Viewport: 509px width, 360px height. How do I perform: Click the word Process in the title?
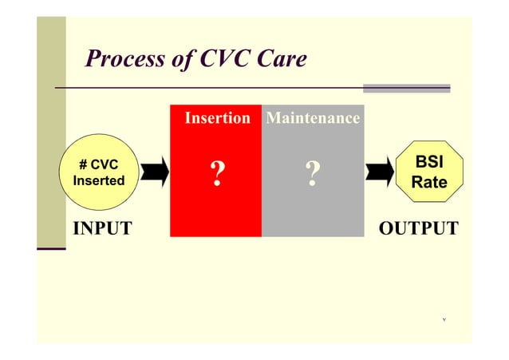coord(120,59)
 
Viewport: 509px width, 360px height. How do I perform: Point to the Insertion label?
coord(217,119)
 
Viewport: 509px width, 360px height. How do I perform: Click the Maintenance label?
coord(312,119)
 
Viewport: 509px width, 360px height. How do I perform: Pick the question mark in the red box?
coord(216,173)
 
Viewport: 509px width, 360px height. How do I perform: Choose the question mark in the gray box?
coord(312,173)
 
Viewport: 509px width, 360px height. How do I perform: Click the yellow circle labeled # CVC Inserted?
coord(99,172)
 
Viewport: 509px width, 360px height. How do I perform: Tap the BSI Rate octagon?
coord(428,172)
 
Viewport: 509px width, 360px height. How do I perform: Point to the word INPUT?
coord(102,230)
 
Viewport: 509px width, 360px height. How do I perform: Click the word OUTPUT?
coord(419,230)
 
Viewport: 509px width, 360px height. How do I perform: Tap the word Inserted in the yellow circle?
coord(99,181)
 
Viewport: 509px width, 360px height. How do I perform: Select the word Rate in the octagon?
coord(428,183)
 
